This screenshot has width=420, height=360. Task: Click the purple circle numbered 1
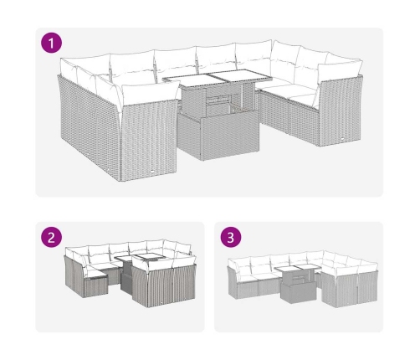51,43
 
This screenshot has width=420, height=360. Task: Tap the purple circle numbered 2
51,237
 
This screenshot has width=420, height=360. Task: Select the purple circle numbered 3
231,237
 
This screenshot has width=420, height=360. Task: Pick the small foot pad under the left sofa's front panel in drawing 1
152,172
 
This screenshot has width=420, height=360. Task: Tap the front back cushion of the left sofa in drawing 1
149,93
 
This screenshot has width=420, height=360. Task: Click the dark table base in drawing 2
127,278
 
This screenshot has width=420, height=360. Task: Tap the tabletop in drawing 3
298,269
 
